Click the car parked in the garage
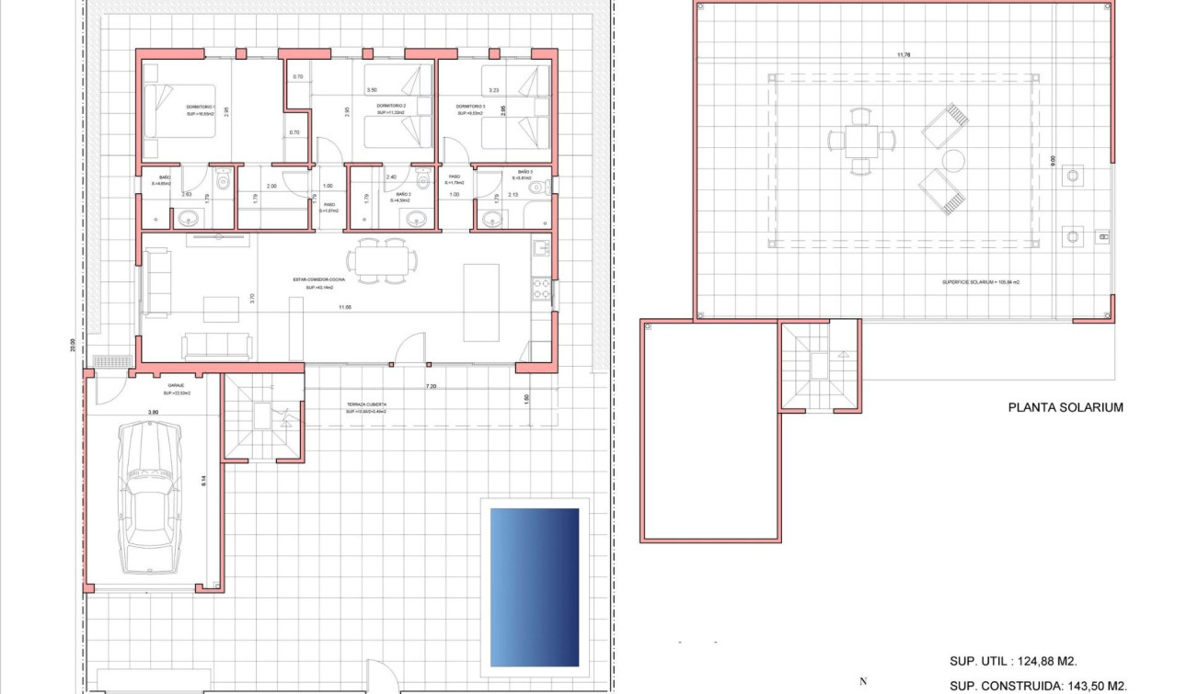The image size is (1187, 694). tap(151, 497)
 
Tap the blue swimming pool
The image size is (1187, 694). tap(535, 586)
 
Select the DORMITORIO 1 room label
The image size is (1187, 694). tap(200, 110)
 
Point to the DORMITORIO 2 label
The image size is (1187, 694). tap(391, 108)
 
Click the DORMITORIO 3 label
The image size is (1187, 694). tap(470, 108)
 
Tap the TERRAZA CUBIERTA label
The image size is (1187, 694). tap(366, 405)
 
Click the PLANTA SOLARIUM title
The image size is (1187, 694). tap(1066, 407)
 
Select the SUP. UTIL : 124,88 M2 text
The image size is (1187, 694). tap(1013, 661)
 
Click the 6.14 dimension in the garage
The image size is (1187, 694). tap(204, 479)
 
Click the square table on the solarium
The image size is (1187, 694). tap(860, 141)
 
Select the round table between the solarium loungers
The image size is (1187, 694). tap(951, 160)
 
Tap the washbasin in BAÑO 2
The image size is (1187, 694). tap(415, 219)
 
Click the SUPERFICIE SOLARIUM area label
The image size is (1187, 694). tap(980, 282)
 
